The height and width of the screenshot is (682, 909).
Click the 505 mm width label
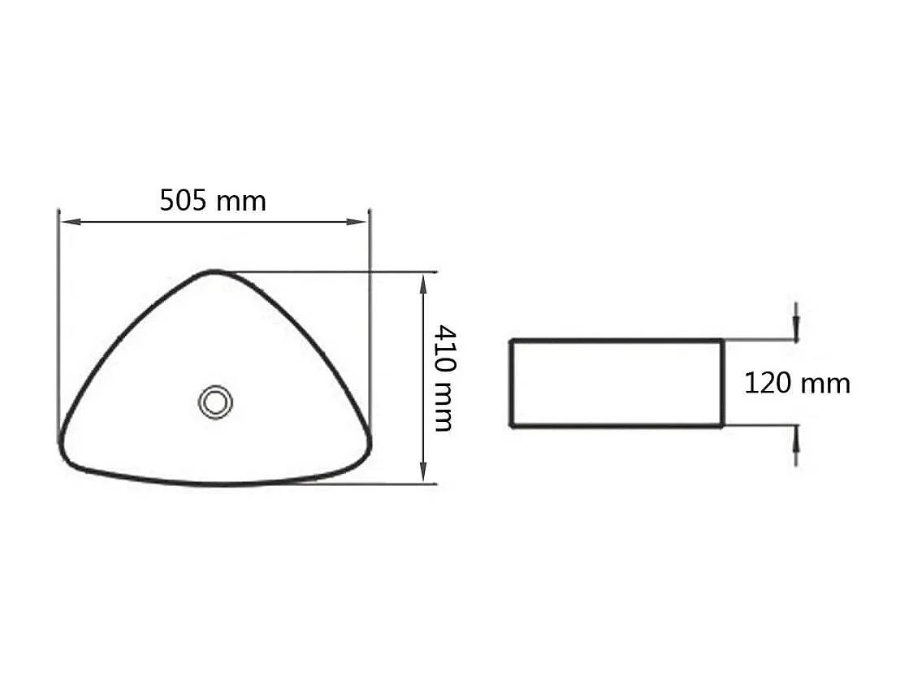pyautogui.click(x=213, y=200)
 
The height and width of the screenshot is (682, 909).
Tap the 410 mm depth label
pyautogui.click(x=444, y=378)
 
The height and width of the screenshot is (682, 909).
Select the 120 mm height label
pyautogui.click(x=797, y=383)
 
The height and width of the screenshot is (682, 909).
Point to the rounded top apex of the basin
pyautogui.click(x=214, y=271)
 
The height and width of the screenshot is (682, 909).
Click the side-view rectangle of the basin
pyautogui.click(x=617, y=383)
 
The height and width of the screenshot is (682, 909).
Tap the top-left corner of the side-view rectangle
pyautogui.click(x=511, y=340)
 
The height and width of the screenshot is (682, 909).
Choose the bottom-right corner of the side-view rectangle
pyautogui.click(x=722, y=425)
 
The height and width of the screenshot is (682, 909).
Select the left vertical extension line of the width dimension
pyautogui.click(x=58, y=325)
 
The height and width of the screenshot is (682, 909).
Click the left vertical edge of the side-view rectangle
pyautogui.click(x=511, y=383)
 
